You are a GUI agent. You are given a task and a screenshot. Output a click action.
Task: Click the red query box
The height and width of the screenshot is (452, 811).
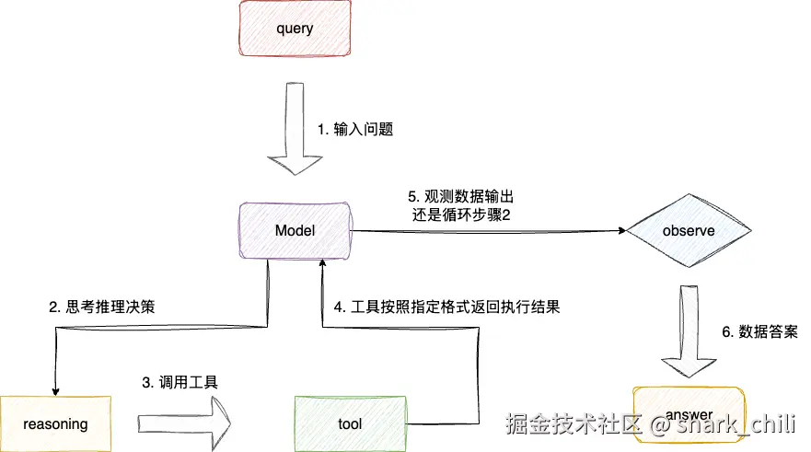point(295,29)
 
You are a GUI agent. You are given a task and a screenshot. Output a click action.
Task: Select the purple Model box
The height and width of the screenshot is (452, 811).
point(295,230)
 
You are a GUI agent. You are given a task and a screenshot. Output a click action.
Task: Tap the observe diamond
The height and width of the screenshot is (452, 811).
point(688,231)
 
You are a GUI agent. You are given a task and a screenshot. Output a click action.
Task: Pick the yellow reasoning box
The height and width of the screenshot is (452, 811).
point(55,423)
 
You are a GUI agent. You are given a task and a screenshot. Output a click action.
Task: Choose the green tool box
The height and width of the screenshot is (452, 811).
point(350,423)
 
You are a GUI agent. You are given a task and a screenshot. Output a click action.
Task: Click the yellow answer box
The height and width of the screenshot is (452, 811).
point(688,414)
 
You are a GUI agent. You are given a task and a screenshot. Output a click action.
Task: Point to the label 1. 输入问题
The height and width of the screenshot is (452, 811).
point(355,130)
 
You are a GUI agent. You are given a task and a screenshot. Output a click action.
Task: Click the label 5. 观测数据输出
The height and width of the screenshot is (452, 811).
point(461,197)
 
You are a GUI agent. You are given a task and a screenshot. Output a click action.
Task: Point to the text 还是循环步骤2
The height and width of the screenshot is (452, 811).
point(461,215)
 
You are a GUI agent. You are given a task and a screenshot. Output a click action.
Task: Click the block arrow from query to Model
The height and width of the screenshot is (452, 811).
point(295,129)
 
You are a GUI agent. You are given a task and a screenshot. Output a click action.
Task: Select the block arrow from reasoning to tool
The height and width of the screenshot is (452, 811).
point(184,423)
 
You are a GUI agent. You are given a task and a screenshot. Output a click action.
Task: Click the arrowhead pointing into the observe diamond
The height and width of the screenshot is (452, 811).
point(618,231)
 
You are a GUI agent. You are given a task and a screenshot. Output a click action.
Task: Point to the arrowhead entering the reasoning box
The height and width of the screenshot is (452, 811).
point(56,388)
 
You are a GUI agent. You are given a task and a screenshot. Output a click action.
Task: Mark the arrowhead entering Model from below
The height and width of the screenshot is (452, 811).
point(321,265)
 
